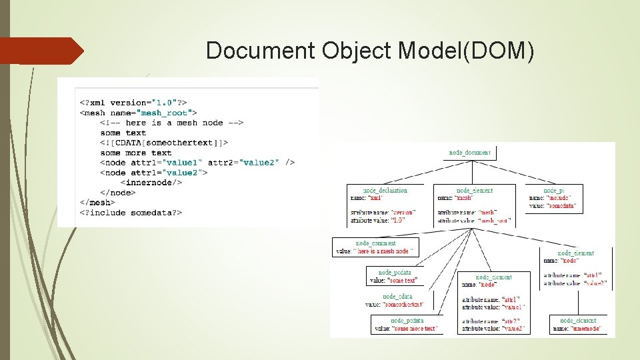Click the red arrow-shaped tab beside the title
[41, 51]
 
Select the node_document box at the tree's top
[469, 153]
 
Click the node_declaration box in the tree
[385, 205]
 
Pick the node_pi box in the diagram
[554, 199]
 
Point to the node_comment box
[375, 247]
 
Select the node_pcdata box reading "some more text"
[407, 324]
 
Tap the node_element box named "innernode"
[578, 324]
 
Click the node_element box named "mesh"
[475, 205]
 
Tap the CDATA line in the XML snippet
[164, 142]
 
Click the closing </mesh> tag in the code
[97, 202]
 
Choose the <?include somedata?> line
[131, 212]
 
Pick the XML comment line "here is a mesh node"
[172, 123]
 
